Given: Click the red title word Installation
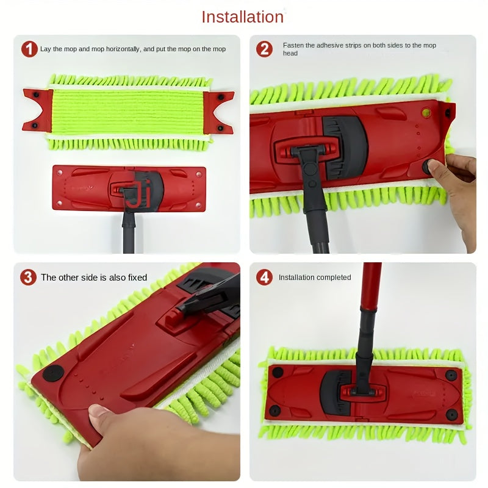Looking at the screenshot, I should click(243, 16).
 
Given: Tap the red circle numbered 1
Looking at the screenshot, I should click(29, 49).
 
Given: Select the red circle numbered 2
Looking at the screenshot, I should click(264, 49).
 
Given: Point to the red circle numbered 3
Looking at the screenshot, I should click(28, 277).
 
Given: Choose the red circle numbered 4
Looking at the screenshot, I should click(264, 277).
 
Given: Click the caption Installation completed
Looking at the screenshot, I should click(315, 278).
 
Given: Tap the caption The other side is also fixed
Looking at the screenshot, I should click(94, 278).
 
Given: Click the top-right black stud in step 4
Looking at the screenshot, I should click(451, 375).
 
